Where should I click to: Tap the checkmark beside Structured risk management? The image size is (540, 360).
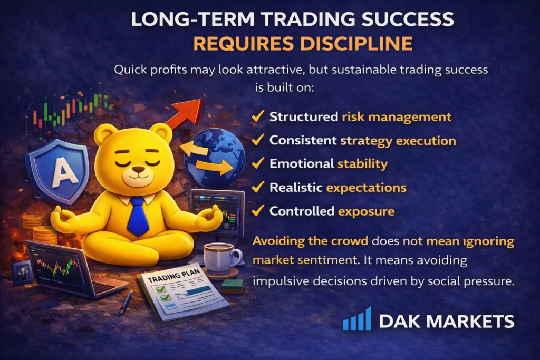pyautogui.click(x=258, y=116)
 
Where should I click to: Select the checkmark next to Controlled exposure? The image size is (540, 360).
pyautogui.click(x=258, y=210)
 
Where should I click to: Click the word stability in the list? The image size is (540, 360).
pyautogui.click(x=362, y=164)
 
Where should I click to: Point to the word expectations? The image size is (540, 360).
pyautogui.click(x=366, y=188)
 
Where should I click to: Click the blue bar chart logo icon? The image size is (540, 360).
pyautogui.click(x=357, y=319)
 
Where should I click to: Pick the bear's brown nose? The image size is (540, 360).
pyautogui.click(x=139, y=169)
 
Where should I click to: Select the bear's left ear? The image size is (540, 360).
pyautogui.click(x=105, y=135)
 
